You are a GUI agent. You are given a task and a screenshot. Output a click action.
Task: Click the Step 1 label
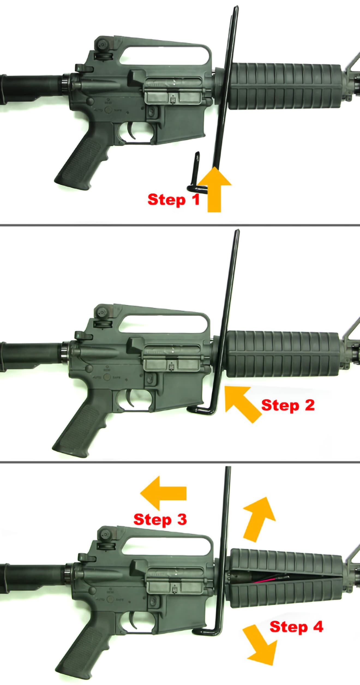point(173,200)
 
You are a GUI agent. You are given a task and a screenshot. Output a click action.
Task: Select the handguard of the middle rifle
point(283,354)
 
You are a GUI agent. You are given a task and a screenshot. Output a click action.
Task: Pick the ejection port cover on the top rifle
point(173,97)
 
